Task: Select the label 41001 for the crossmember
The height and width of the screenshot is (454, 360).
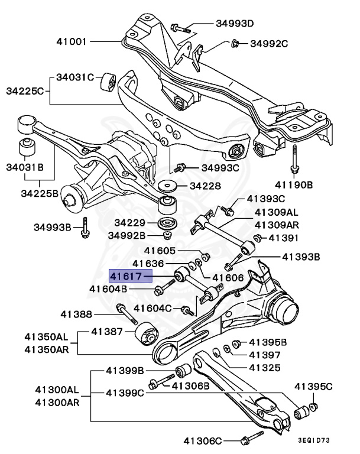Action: (x=72, y=42)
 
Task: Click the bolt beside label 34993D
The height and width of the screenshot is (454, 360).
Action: (x=180, y=27)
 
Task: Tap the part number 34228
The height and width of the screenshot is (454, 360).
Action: (x=204, y=186)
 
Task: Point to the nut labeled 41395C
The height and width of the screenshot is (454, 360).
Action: (x=313, y=406)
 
